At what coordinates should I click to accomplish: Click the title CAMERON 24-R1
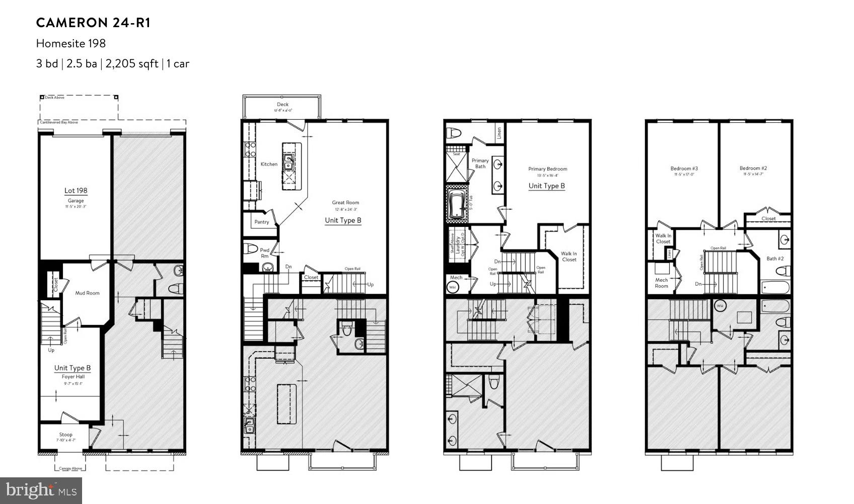[93, 23]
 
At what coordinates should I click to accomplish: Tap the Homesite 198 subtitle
[71, 43]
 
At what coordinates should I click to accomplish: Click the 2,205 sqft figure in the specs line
[131, 64]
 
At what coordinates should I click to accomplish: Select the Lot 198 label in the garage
[76, 191]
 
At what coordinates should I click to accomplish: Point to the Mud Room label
[87, 293]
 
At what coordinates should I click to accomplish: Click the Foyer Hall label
[73, 376]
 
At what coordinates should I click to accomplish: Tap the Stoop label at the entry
[65, 435]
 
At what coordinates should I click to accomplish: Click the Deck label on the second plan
[282, 105]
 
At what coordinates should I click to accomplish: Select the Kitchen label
[269, 164]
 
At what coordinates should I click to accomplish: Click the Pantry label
[261, 222]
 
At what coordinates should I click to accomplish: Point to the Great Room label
[345, 203]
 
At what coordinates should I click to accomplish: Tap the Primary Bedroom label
[547, 169]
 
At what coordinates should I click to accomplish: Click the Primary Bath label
[480, 163]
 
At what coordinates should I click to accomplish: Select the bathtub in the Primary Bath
[457, 204]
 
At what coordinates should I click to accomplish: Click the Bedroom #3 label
[684, 169]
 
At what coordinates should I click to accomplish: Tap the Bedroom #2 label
[753, 169]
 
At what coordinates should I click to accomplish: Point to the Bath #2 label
[775, 259]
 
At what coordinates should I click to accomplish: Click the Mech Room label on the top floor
[661, 283]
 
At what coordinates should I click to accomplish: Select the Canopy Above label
[70, 468]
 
